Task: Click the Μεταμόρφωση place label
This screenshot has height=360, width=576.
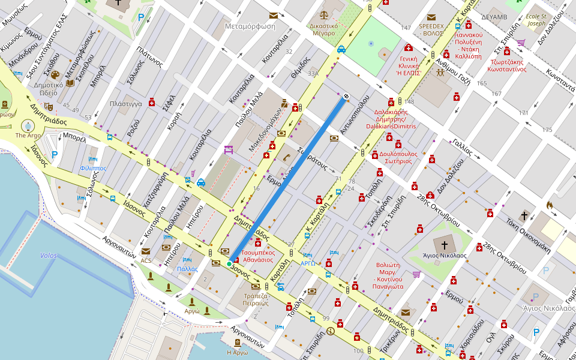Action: coord(250,26)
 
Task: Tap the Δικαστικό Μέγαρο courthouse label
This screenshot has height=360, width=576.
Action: coord(323,29)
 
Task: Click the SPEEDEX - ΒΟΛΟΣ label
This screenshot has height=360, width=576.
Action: coord(431,29)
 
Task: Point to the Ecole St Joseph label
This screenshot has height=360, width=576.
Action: coord(536,20)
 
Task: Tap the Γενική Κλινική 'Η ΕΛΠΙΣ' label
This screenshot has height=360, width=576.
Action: coord(408,66)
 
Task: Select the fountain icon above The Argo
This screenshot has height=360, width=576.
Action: coord(28,125)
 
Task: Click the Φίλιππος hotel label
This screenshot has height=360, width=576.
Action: coord(93,169)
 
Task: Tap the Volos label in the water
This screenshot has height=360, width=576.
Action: coord(49,256)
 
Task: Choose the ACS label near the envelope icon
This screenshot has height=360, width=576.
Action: coord(146,261)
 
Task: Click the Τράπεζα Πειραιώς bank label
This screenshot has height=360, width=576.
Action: coord(255,299)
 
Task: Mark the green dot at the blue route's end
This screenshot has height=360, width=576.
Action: coord(229,263)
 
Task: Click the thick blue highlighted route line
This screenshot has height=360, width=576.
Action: coord(287,181)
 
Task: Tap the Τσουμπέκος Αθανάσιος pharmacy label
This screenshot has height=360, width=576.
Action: coord(258,256)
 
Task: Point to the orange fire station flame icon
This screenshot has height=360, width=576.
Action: coord(548,205)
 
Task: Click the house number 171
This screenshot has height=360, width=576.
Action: coord(524,113)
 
